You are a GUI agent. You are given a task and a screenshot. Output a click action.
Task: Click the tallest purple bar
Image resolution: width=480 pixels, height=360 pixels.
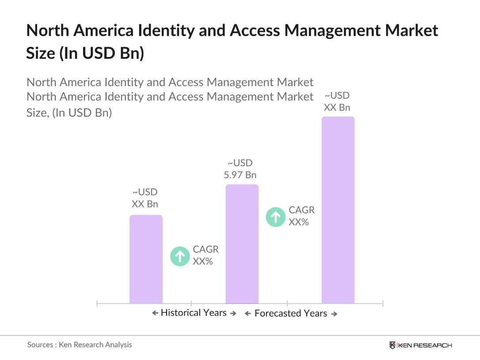(338, 210)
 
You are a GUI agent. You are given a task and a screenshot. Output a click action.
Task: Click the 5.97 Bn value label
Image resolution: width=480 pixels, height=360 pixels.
(240, 169)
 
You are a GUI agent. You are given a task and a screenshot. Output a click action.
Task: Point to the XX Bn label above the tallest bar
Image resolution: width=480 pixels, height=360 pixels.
(337, 101)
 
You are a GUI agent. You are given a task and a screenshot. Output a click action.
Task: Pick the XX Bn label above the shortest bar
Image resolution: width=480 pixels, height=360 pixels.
(145, 198)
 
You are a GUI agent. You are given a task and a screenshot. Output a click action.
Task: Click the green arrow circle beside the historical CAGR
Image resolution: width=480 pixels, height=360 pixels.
(180, 256)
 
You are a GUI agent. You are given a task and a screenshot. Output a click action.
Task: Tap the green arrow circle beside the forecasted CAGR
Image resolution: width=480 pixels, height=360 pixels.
(275, 217)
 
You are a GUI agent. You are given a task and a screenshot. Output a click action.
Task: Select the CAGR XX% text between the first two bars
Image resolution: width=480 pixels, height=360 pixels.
(206, 255)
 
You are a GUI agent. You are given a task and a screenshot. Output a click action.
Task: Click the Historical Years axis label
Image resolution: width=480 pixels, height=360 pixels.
(194, 313)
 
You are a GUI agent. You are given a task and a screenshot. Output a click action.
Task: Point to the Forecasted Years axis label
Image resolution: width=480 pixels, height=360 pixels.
(291, 314)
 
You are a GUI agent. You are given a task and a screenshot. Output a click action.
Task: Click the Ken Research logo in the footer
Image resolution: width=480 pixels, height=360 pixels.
(420, 345)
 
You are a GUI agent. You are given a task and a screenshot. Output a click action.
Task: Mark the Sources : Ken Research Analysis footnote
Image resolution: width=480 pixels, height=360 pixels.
(80, 345)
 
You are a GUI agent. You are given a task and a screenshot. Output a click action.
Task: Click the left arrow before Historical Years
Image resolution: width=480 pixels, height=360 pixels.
(155, 313)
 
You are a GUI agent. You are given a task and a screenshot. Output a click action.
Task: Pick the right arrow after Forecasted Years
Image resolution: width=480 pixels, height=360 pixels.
(334, 314)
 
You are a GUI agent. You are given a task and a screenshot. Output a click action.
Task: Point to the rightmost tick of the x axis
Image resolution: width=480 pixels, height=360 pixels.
(383, 303)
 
